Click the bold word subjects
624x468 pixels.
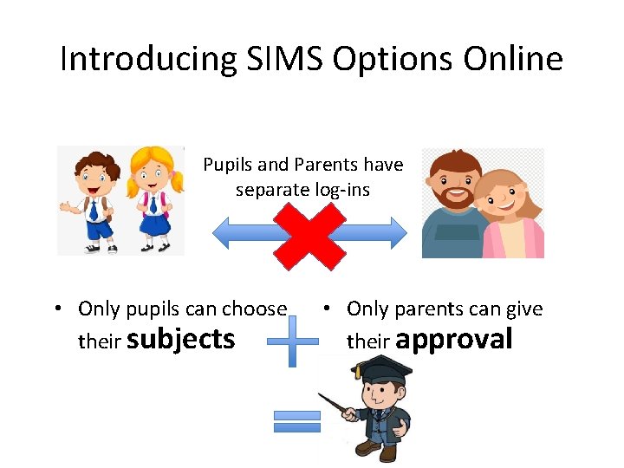point(180,339)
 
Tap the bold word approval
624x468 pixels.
point(453,339)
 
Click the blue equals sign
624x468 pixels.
point(296,421)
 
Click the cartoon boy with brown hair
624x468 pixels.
point(93,199)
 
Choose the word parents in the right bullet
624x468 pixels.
point(439,309)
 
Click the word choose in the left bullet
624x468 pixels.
point(254,309)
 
